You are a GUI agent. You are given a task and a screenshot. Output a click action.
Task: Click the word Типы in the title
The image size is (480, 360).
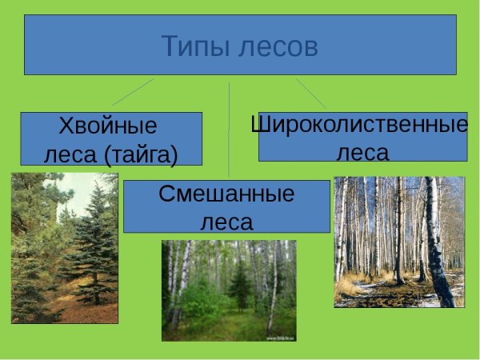pos(196,46)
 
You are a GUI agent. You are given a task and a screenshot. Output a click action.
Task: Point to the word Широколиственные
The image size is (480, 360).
pos(359,125)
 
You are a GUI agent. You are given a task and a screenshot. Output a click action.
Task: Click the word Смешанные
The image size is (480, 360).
pos(226,194)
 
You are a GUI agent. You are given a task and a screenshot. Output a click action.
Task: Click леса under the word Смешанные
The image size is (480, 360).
pos(226,220)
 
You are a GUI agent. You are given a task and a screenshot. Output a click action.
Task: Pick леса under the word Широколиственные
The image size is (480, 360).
pos(362,151)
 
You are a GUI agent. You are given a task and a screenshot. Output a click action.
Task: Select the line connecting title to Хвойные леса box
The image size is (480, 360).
pos(133,91)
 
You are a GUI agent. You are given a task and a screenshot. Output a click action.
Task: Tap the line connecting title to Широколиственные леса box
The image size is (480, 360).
pos(311,93)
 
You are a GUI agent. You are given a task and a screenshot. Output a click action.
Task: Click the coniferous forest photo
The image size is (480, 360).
pos(64,248)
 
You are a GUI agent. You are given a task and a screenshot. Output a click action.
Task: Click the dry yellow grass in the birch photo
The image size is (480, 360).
pos(352,284)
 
